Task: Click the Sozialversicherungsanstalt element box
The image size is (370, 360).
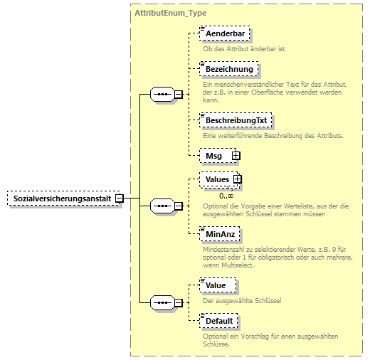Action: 60,198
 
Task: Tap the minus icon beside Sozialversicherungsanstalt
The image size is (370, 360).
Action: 120,198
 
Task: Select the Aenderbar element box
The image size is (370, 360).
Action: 226,33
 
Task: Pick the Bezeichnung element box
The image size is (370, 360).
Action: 229,69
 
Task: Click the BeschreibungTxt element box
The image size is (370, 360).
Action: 236,120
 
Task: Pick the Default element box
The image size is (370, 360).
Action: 219,321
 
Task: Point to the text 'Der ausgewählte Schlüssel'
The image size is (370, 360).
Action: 242,300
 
